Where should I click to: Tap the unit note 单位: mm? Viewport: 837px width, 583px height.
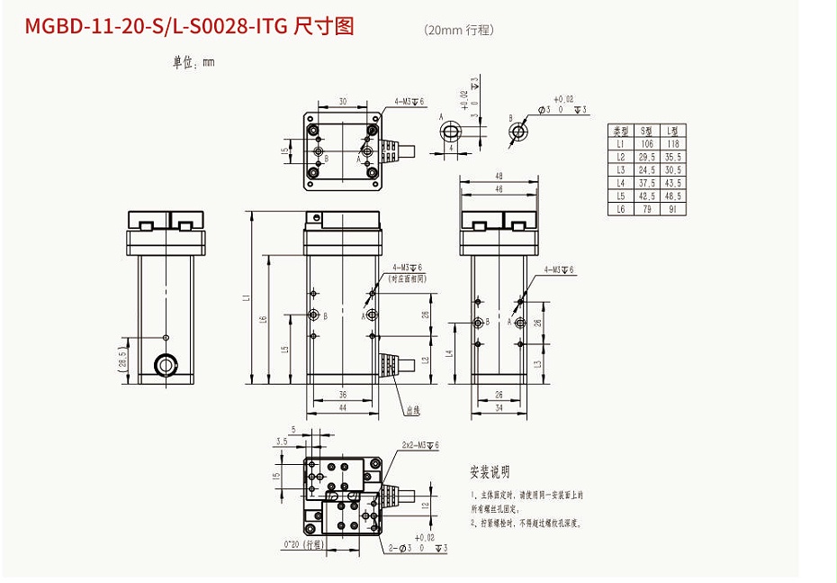[x=193, y=63]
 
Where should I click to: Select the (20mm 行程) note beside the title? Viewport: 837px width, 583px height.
[x=459, y=30]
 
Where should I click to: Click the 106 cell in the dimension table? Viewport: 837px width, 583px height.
[x=645, y=144]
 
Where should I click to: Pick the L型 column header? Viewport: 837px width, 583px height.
[x=670, y=132]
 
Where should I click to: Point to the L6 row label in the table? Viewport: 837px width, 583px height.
[x=620, y=209]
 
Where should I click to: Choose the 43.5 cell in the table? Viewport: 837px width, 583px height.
[x=671, y=183]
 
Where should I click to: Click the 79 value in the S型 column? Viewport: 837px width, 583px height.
[x=645, y=209]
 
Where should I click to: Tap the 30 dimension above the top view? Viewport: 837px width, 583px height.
[x=342, y=100]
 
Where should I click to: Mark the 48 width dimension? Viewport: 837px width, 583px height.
[x=498, y=177]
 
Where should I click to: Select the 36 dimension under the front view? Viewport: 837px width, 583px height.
[x=342, y=395]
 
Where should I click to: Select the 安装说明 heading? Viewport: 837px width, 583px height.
[x=490, y=472]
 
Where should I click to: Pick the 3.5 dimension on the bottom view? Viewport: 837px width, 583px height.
[x=283, y=442]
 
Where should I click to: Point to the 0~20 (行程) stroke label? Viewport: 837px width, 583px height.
[x=301, y=545]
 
